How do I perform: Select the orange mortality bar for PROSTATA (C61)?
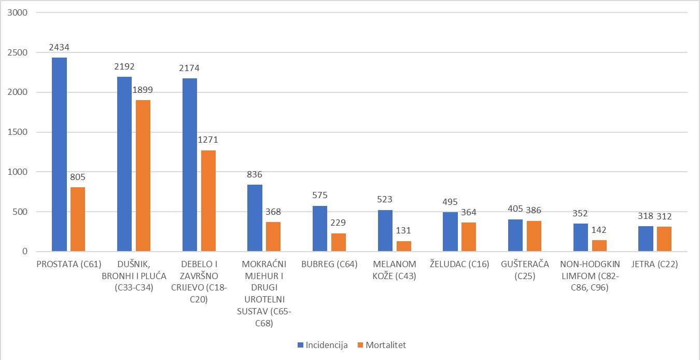coord(78,219)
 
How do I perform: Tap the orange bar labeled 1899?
coord(143,176)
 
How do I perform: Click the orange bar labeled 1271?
coord(208,201)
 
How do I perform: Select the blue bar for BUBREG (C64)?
coord(320,229)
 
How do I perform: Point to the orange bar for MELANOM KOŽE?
coord(403,246)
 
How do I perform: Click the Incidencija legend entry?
coord(323,345)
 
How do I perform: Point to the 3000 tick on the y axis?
coord(18,12)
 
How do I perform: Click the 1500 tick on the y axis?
coord(18,132)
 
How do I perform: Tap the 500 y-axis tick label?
coord(20,212)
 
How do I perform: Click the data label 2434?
coord(59,47)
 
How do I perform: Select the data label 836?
coord(255,174)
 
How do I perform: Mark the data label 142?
coord(599,230)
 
